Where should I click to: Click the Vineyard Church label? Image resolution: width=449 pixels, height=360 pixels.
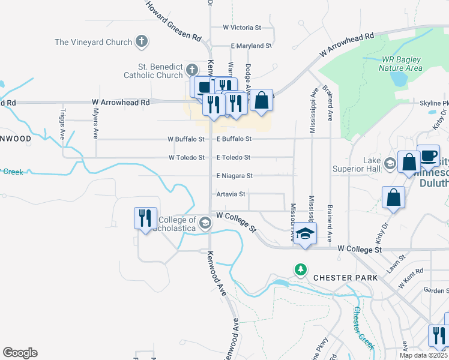coord(93,42)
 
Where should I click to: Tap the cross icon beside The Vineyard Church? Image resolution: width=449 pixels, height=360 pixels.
coord(141,41)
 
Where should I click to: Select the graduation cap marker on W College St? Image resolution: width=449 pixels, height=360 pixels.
coord(305,233)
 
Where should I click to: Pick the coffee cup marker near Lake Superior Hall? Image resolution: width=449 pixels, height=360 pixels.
coord(428,156)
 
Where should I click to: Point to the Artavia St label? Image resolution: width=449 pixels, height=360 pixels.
coord(231,194)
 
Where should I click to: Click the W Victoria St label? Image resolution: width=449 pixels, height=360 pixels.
coord(242,28)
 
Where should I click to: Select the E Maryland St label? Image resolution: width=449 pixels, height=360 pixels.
coord(252,46)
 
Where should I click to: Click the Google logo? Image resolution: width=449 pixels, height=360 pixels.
coord(20,352)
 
